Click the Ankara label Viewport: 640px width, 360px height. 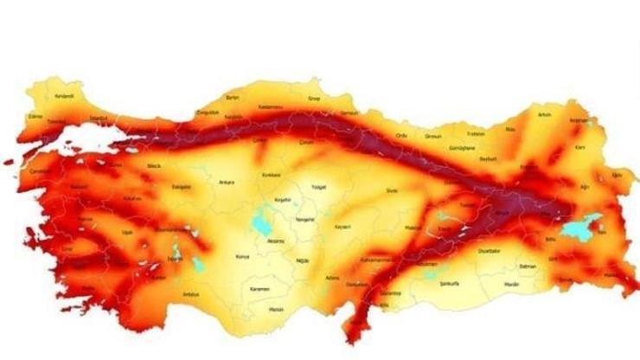point(227,183)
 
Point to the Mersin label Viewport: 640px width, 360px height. point(276,308)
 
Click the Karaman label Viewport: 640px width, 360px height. point(259,288)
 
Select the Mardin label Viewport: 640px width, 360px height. point(512,283)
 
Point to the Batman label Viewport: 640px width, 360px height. point(528,266)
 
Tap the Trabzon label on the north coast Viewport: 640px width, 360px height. point(477,134)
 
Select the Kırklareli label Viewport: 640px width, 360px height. point(65,96)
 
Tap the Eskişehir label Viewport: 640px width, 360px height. point(181,186)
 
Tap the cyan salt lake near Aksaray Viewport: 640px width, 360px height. point(259,225)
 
